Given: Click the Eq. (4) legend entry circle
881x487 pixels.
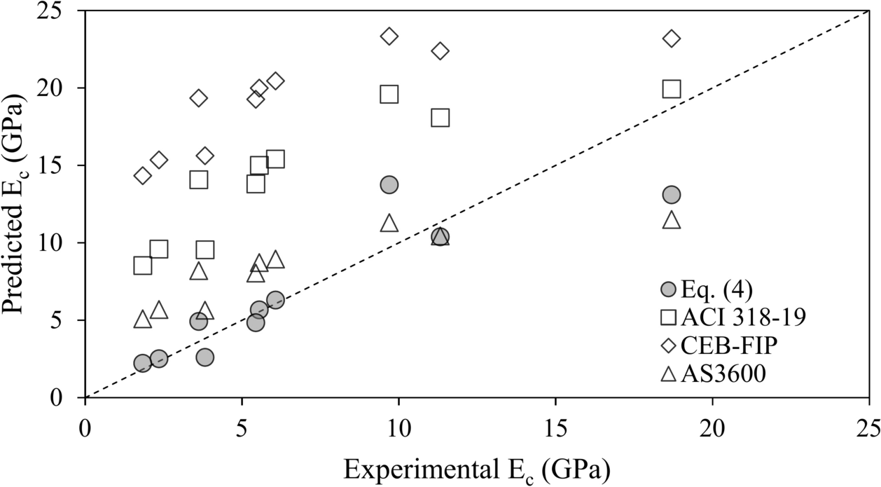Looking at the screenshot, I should point(669,289).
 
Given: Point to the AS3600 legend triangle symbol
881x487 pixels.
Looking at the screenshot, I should point(669,374).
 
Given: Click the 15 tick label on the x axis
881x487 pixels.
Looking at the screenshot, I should point(555,426).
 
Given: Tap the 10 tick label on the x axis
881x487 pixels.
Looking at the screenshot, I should point(398,426).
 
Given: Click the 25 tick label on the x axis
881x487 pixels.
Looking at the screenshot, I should point(868,426).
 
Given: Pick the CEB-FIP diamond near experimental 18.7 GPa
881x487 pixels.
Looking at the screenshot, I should point(672,38).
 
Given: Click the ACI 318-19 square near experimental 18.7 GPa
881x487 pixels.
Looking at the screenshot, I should point(672,89).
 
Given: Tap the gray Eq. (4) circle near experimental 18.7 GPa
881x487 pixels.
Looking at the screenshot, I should point(672,194).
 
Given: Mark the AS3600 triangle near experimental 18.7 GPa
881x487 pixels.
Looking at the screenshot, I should point(672,220).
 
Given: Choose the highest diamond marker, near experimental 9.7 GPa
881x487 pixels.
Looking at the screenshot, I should point(389,36).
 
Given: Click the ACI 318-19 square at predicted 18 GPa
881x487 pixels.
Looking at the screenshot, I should point(440,118).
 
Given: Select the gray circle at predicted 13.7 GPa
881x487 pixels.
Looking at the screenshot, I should point(389,184).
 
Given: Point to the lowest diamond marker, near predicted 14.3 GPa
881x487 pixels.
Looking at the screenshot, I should point(143,176).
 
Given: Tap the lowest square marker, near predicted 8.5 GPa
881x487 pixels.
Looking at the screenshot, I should point(143,266).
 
